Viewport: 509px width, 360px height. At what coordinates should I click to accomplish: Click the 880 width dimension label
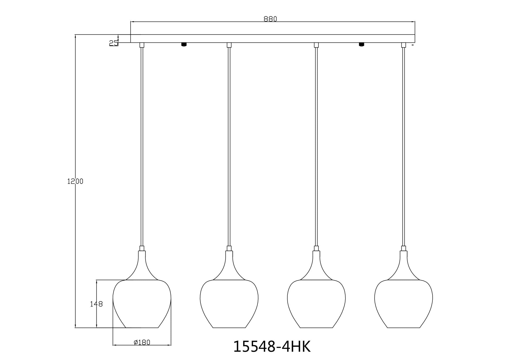point(270,19)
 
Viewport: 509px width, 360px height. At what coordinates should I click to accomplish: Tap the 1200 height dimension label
point(75,181)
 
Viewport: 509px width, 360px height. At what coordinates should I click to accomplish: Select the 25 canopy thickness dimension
point(113,43)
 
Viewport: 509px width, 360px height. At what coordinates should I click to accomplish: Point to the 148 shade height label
point(96,304)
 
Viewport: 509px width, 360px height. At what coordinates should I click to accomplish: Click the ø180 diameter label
point(142,342)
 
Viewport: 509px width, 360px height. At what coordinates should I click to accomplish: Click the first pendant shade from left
point(142,304)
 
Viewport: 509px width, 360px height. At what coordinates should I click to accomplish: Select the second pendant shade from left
point(229,304)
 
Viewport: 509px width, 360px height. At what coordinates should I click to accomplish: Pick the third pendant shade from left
point(316,304)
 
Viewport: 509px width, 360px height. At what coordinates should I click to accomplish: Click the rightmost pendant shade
point(403,304)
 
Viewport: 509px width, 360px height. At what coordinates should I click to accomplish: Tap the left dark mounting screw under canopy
point(184,45)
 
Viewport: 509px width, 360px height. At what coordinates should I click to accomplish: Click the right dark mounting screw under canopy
point(361,45)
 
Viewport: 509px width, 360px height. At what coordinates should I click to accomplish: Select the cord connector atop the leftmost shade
point(142,249)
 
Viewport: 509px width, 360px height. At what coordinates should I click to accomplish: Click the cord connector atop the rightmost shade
point(403,249)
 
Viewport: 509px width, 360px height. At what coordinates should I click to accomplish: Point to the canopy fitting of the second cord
point(229,45)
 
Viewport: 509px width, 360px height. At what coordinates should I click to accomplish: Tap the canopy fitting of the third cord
point(316,45)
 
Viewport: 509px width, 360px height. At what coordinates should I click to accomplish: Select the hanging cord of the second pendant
point(229,146)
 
